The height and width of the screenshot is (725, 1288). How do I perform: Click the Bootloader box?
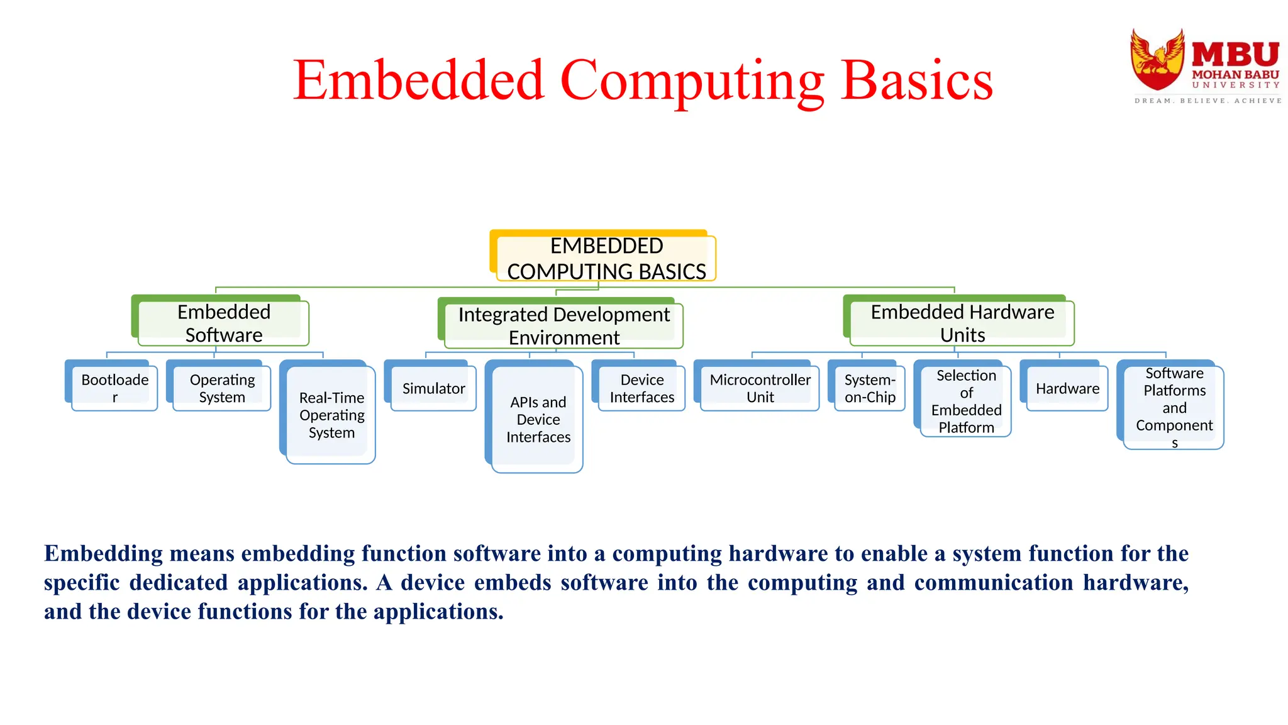[114, 388]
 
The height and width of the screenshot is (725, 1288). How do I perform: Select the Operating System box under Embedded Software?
[221, 388]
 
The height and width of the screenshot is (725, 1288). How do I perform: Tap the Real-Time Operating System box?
[331, 415]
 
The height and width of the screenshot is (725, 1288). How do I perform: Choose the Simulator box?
[433, 388]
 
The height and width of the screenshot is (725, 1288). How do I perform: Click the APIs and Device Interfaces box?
[538, 419]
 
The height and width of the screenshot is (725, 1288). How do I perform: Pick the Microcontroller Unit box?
[760, 388]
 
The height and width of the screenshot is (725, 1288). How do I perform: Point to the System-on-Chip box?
[869, 388]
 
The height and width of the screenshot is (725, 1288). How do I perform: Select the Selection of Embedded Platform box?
[965, 401]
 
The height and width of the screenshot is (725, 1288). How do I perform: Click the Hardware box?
[1067, 388]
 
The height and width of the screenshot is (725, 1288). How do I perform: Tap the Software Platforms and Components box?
[1174, 407]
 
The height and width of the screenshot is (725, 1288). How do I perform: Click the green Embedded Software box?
[223, 323]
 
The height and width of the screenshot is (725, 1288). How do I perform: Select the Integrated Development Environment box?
[563, 325]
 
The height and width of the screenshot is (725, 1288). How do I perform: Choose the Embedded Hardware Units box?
[962, 323]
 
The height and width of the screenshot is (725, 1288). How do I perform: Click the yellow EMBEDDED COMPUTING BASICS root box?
[606, 258]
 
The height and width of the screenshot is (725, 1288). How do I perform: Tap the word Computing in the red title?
[692, 82]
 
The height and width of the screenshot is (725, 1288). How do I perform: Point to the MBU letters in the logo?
[1235, 55]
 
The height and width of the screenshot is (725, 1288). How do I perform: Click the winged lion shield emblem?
[1157, 60]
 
